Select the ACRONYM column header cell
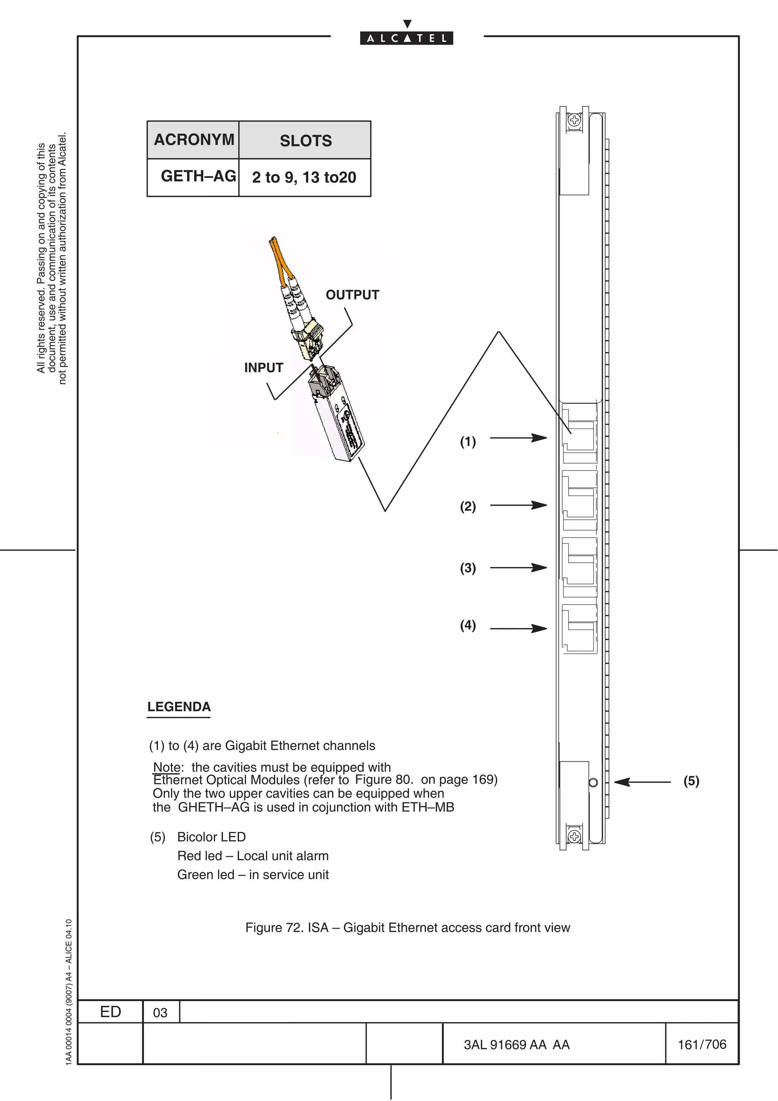coord(194,139)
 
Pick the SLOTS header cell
coord(305,141)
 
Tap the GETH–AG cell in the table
coord(198,176)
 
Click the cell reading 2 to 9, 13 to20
coord(304,177)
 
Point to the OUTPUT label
coord(352,295)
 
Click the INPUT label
coord(264,368)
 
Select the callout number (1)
coord(468,441)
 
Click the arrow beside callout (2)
coord(518,505)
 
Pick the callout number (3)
coord(468,568)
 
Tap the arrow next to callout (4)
coord(518,628)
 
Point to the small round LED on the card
coord(593,783)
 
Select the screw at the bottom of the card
coord(574,837)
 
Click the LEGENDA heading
coord(179,707)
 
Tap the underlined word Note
coord(166,767)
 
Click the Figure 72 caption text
coord(408,928)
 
